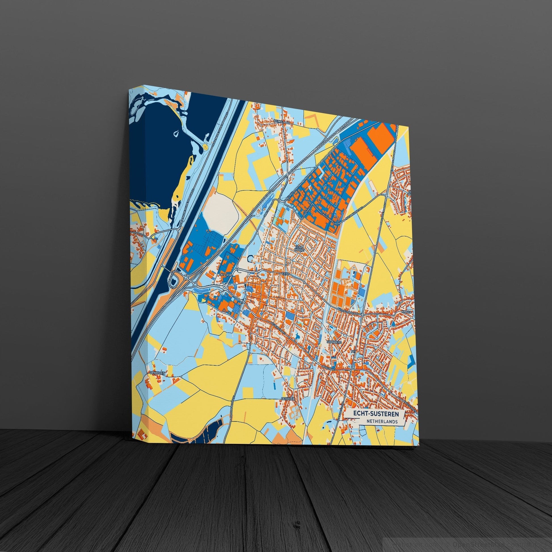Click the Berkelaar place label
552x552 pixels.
point(280,121)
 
